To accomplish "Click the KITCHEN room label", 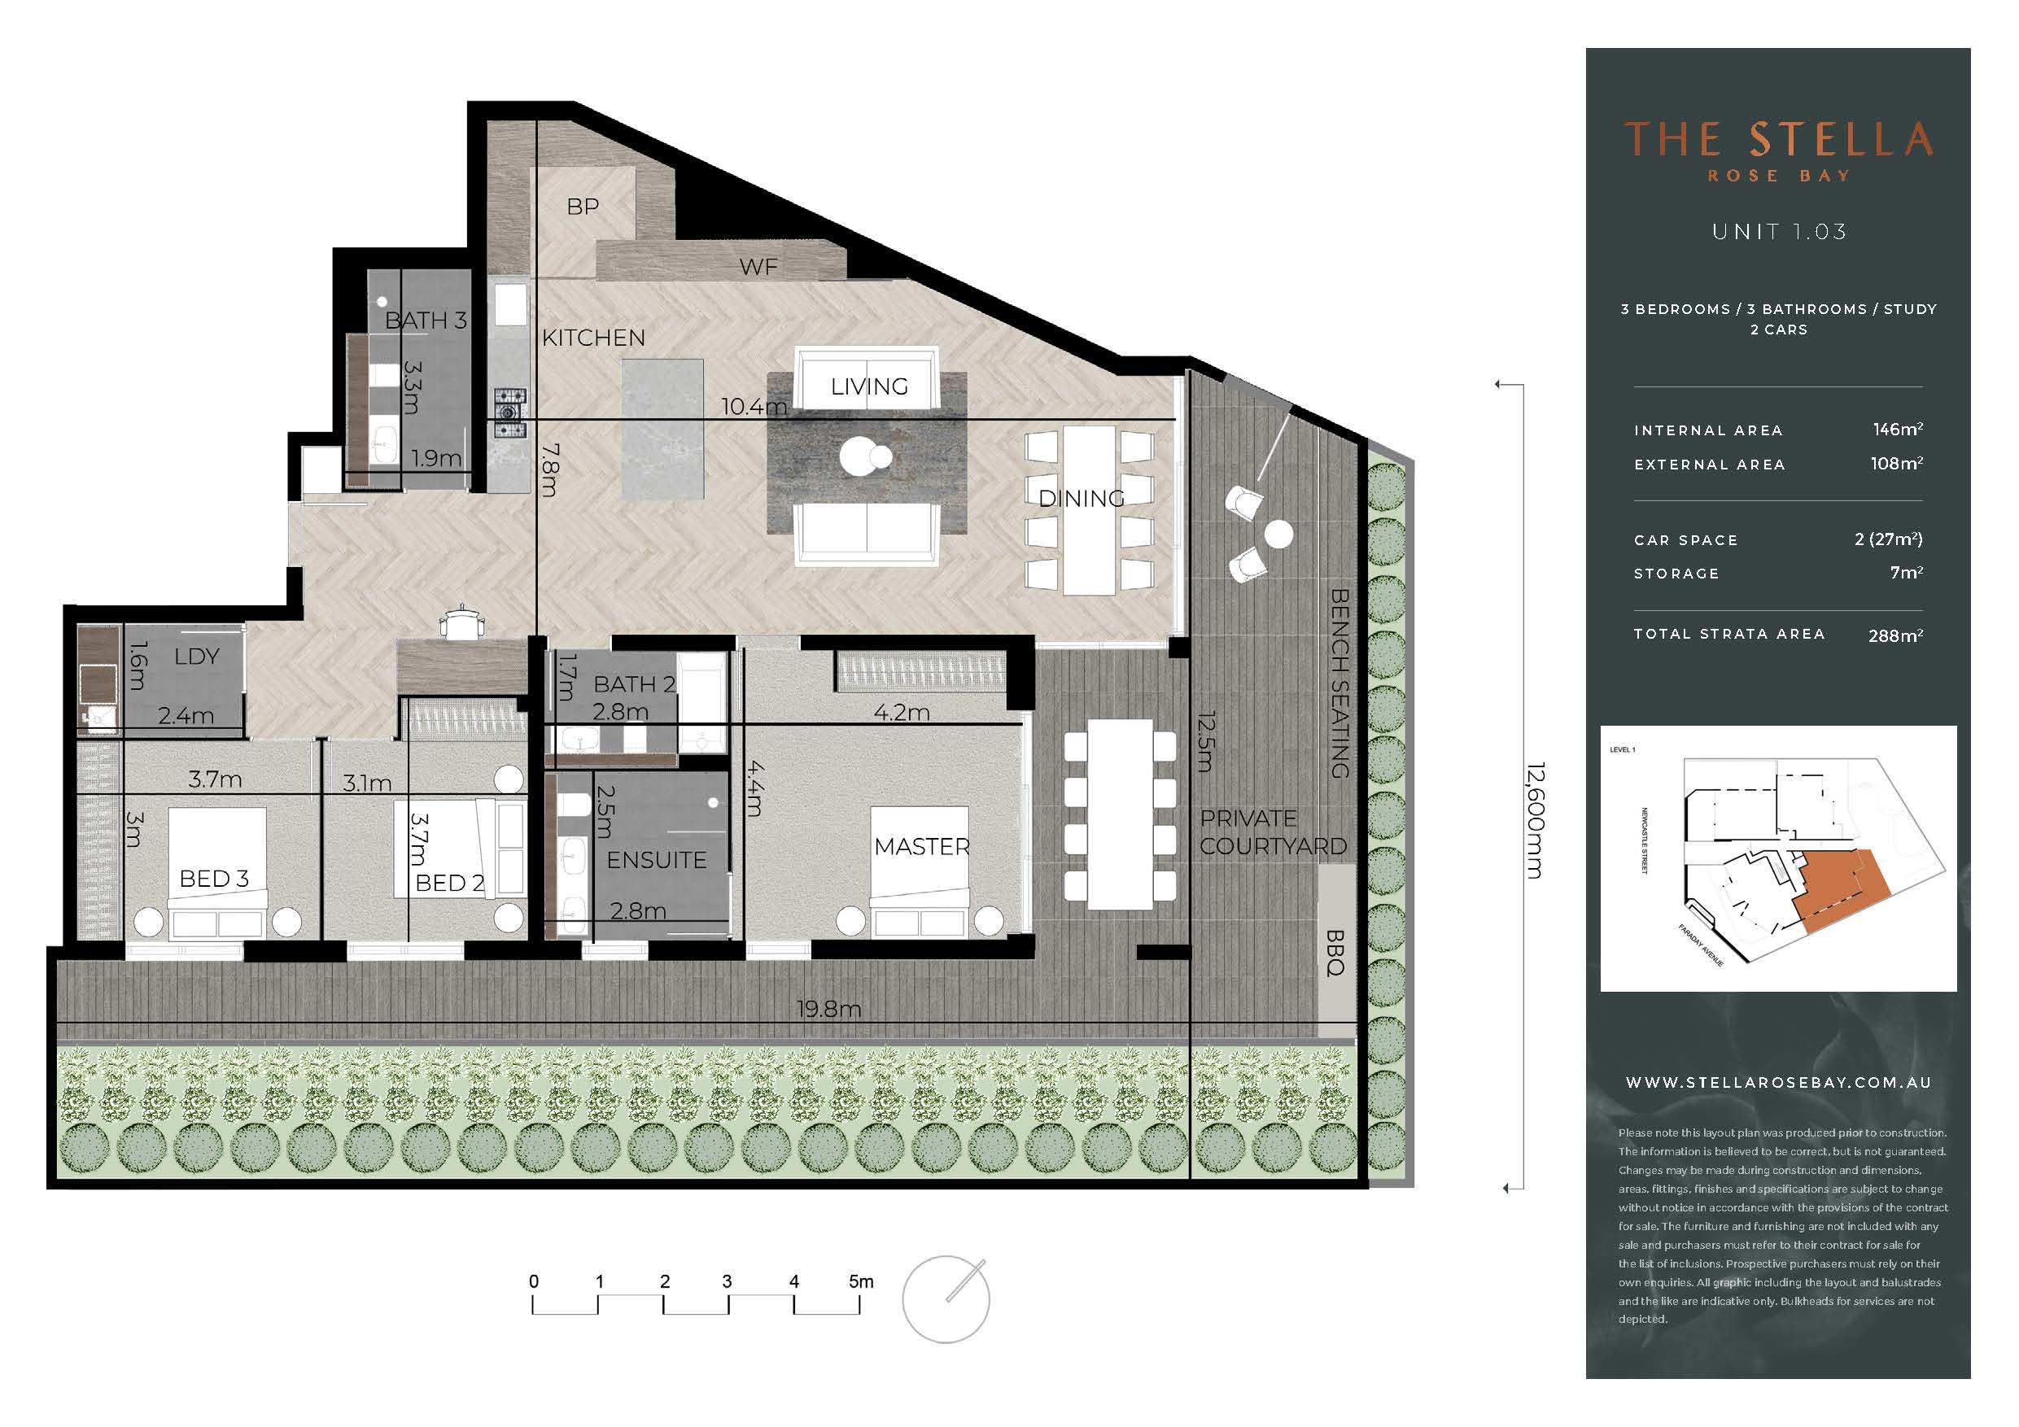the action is click(x=593, y=338).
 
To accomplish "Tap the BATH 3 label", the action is click(x=426, y=320).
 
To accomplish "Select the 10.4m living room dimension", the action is click(x=754, y=406).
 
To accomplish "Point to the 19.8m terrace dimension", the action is click(x=828, y=1009).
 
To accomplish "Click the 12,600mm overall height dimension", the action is click(x=1535, y=820).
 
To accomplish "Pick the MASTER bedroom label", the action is click(x=921, y=846).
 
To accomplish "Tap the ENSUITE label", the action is click(x=657, y=860).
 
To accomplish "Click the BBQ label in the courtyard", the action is click(x=1335, y=953).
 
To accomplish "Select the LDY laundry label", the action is click(x=197, y=656).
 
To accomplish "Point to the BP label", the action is click(x=583, y=207).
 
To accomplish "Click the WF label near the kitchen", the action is click(x=758, y=266).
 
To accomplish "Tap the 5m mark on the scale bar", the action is click(x=861, y=1282).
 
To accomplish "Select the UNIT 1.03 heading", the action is click(x=1779, y=231).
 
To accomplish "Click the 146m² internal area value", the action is click(x=1898, y=429).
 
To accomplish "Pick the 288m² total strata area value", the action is click(x=1896, y=635).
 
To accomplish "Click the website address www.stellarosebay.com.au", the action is click(x=1778, y=1082).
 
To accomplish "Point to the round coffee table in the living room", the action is click(x=860, y=456).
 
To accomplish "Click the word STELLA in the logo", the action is click(x=1841, y=140).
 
